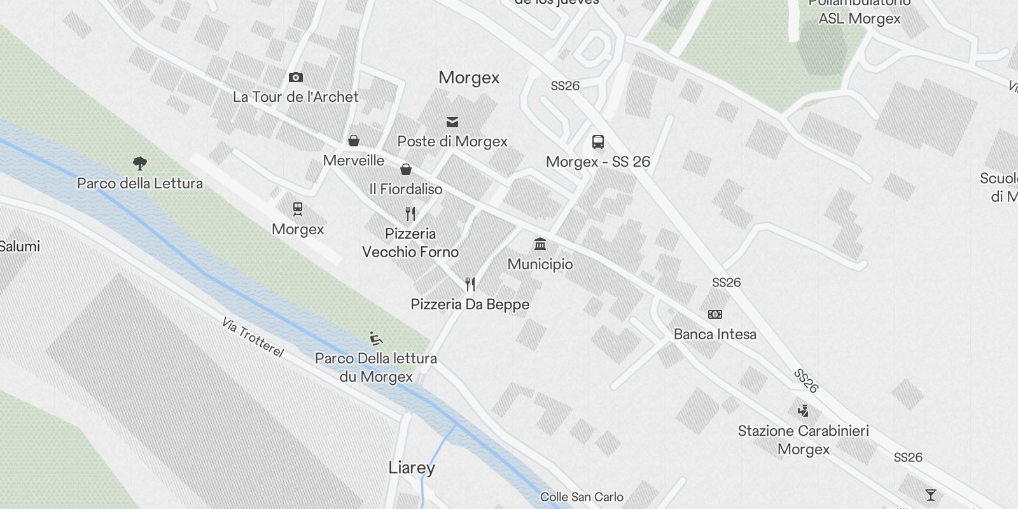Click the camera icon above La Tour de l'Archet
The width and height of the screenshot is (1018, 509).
296,78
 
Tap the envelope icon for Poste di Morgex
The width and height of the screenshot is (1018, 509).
452,122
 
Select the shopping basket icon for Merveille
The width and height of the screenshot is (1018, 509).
354,141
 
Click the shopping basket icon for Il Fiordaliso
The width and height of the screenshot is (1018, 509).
406,169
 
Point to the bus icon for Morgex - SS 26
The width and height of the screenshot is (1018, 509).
597,142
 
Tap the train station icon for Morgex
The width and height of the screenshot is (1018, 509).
297,209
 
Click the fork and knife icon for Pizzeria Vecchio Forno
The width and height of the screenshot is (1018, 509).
410,214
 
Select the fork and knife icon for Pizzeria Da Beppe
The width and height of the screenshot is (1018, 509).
470,284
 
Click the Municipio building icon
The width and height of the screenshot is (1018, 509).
540,244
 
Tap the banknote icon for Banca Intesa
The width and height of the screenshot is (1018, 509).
715,314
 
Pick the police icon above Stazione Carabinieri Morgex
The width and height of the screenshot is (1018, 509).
803,410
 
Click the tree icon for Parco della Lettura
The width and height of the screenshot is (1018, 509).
140,164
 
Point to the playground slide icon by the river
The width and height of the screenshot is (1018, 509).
376,338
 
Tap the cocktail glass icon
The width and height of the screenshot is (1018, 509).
931,494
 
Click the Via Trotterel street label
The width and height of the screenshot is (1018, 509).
253,337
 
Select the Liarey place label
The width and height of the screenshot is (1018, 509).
412,468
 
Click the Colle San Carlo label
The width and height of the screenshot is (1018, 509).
582,497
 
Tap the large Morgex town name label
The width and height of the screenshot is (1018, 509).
469,78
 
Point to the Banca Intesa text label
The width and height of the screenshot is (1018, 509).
715,334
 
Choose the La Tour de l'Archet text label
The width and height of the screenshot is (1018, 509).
296,97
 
